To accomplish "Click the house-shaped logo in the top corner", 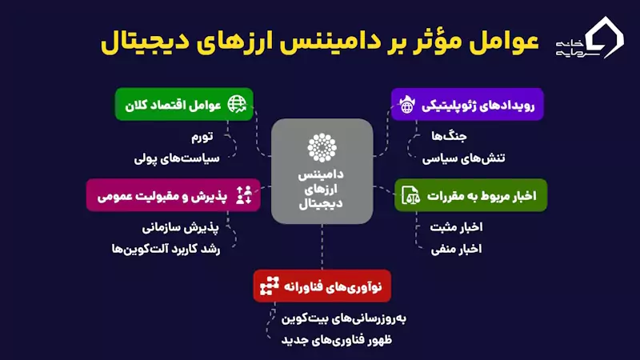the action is coord(605,38).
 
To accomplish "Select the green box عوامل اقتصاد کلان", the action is coord(184,105).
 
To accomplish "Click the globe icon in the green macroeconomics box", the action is coord(237,104).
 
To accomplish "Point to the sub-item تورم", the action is coord(202,136).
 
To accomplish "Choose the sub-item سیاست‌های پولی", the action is coord(177,158).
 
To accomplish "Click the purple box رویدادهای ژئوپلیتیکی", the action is coord(467,105).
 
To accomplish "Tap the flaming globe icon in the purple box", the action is coord(407,105).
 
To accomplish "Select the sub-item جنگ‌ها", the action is coord(449,136).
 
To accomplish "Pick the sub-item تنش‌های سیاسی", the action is coord(463,158).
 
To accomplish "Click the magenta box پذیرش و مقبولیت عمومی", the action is coord(173,195).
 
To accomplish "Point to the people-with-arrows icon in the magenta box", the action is coord(244,195).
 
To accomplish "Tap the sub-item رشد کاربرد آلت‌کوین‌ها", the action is coord(166,249).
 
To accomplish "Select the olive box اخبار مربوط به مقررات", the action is coord(470,195).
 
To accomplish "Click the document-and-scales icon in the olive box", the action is coord(410,195).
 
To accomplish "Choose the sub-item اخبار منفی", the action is coord(456,249).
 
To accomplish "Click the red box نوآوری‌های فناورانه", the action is coord(322,286).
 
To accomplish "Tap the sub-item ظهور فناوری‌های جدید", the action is coord(336,339).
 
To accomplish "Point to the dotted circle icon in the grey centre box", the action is coord(322,147).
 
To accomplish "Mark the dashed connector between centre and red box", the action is coord(322,246).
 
